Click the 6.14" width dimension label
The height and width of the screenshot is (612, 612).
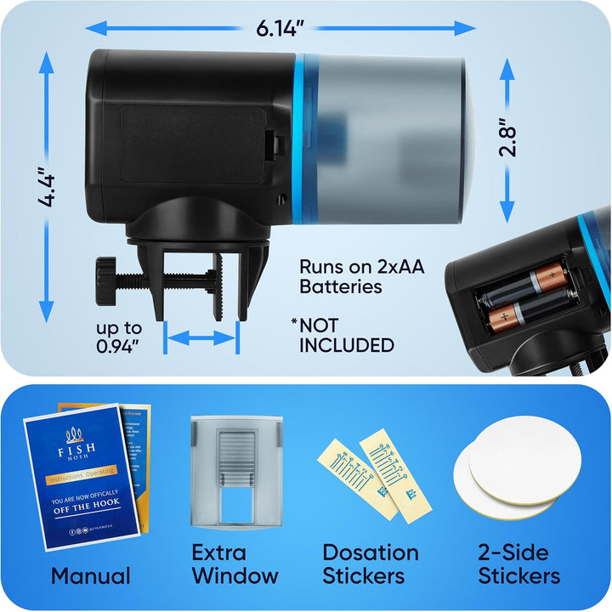point(280,28)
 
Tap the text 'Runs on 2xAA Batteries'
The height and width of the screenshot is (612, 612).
point(361,276)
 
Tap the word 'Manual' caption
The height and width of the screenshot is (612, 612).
point(91,575)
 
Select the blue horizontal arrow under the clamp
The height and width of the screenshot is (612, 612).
point(201,338)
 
